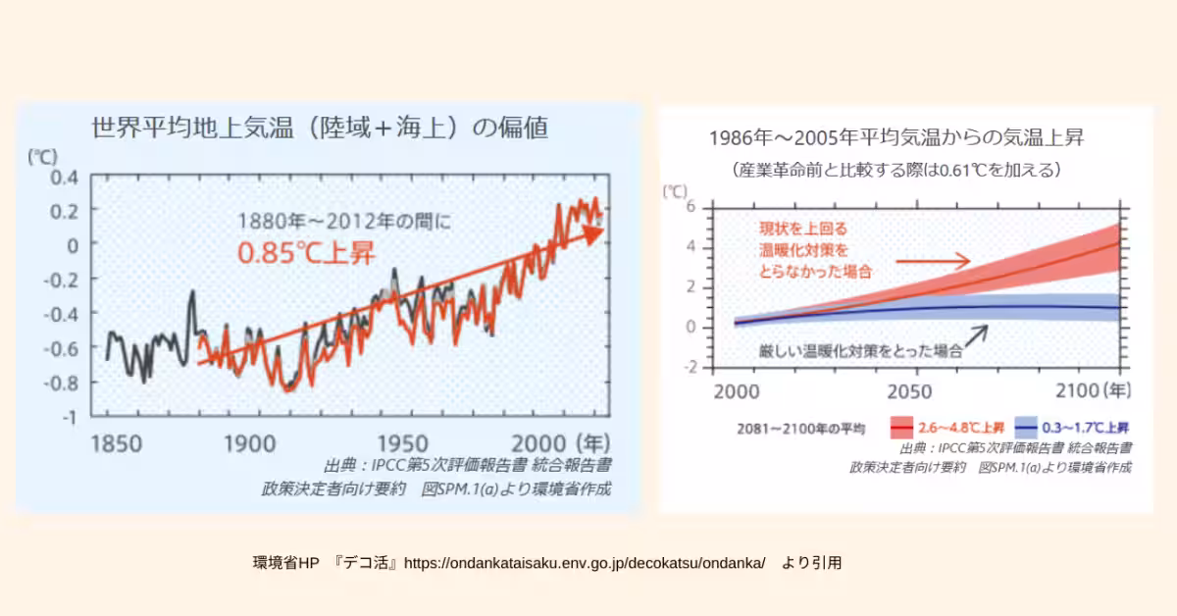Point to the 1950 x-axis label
[406, 442]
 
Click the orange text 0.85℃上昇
[305, 252]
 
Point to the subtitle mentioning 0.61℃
[896, 170]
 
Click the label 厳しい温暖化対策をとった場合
[856, 349]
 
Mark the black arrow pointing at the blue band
[975, 335]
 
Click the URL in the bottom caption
[585, 563]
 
